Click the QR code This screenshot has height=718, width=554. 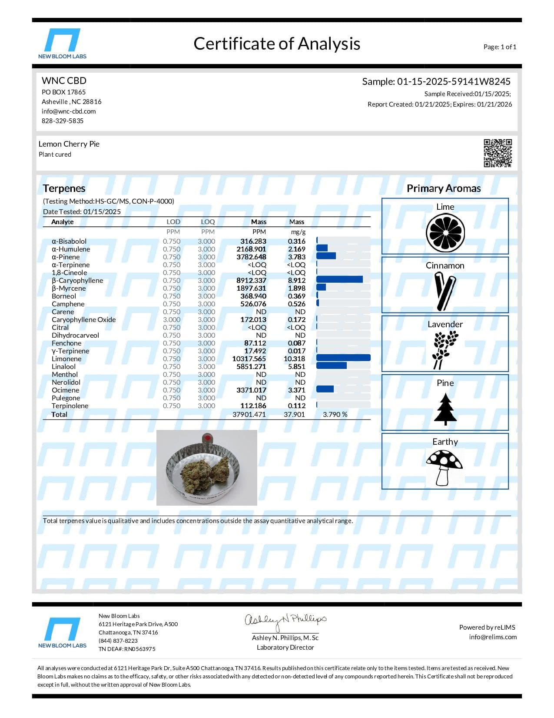(x=498, y=153)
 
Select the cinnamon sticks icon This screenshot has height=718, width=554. (x=445, y=291)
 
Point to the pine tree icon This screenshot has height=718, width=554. (x=445, y=409)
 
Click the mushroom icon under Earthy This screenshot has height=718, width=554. (x=444, y=467)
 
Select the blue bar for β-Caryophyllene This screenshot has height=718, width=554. (x=339, y=279)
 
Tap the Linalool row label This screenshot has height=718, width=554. (x=63, y=367)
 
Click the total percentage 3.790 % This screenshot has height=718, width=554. (x=335, y=415)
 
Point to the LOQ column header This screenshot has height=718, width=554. (x=208, y=222)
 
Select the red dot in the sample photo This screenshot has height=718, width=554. (x=207, y=437)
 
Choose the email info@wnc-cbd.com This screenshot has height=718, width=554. (x=69, y=111)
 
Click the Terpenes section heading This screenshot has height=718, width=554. (x=64, y=188)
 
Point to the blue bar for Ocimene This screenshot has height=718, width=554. (x=325, y=389)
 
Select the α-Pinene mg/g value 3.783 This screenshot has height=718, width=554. (x=296, y=257)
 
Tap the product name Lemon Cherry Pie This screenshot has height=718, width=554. (x=69, y=144)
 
